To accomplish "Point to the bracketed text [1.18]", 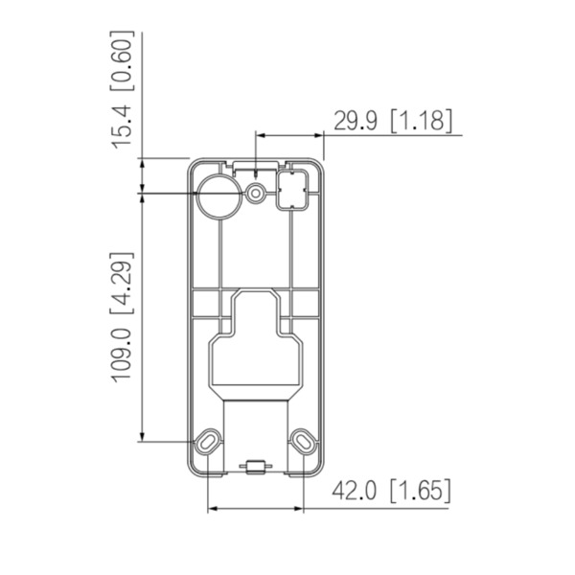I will (423, 121).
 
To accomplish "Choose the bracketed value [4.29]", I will (121, 284).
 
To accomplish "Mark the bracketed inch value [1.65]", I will (420, 492).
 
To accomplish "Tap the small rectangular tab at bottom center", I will (256, 468).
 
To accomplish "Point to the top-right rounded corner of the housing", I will (322, 162).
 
